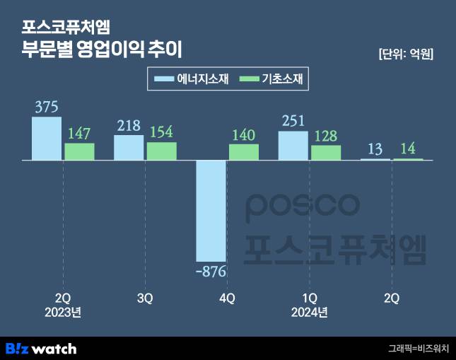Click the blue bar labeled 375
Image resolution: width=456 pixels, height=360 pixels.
pyautogui.click(x=47, y=139)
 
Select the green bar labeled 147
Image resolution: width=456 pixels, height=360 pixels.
pyautogui.click(x=79, y=151)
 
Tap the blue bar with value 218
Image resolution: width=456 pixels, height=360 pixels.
pyautogui.click(x=129, y=148)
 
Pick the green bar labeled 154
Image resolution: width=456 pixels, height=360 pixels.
pyautogui.click(x=161, y=151)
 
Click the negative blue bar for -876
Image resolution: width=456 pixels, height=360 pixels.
pyautogui.click(x=211, y=211)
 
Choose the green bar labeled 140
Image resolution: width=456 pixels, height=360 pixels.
pyautogui.click(x=244, y=152)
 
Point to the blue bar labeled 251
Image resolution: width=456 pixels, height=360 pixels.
pyautogui.click(x=293, y=146)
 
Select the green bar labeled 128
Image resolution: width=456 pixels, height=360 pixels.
pyautogui.click(x=326, y=153)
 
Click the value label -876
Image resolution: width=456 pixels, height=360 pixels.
pyautogui.click(x=211, y=271)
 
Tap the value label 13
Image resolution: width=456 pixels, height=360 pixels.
pyautogui.click(x=375, y=149)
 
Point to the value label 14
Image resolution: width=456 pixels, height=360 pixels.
pyautogui.click(x=409, y=149)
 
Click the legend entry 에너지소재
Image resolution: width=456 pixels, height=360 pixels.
pyautogui.click(x=193, y=78)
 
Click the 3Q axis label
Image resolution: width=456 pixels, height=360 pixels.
pyautogui.click(x=145, y=298)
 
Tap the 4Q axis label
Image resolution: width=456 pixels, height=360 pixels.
pyautogui.click(x=227, y=298)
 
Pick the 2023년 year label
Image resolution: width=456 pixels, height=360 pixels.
pyautogui.click(x=63, y=312)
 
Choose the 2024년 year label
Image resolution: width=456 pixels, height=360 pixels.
pyautogui.click(x=309, y=312)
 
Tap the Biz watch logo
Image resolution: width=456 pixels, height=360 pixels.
pyautogui.click(x=41, y=348)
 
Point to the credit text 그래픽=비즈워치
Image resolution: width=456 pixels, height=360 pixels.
pyautogui.click(x=418, y=348)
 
